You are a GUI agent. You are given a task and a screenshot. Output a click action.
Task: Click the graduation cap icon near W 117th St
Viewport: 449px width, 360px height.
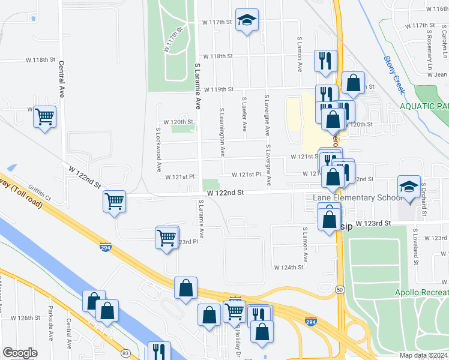pyautogui.click(x=247, y=20)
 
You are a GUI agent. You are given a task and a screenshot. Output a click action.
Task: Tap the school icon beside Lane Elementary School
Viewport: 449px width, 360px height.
pyautogui.click(x=408, y=187)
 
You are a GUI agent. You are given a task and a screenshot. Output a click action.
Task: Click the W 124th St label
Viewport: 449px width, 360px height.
pyautogui.click(x=289, y=267)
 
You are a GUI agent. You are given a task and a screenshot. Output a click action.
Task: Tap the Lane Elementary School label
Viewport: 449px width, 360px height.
pyautogui.click(x=357, y=198)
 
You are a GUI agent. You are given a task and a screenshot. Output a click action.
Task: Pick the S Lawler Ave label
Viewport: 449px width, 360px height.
pyautogui.click(x=244, y=115)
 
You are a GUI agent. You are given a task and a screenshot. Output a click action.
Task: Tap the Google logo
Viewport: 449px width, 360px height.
pyautogui.click(x=20, y=353)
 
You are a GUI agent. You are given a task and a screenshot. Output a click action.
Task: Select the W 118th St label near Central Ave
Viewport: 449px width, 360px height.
pyautogui.click(x=40, y=61)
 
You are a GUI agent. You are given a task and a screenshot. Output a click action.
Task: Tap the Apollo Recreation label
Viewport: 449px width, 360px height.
pyautogui.click(x=421, y=293)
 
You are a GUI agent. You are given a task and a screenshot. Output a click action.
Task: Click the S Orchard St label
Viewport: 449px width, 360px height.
pyautogui.click(x=423, y=199)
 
